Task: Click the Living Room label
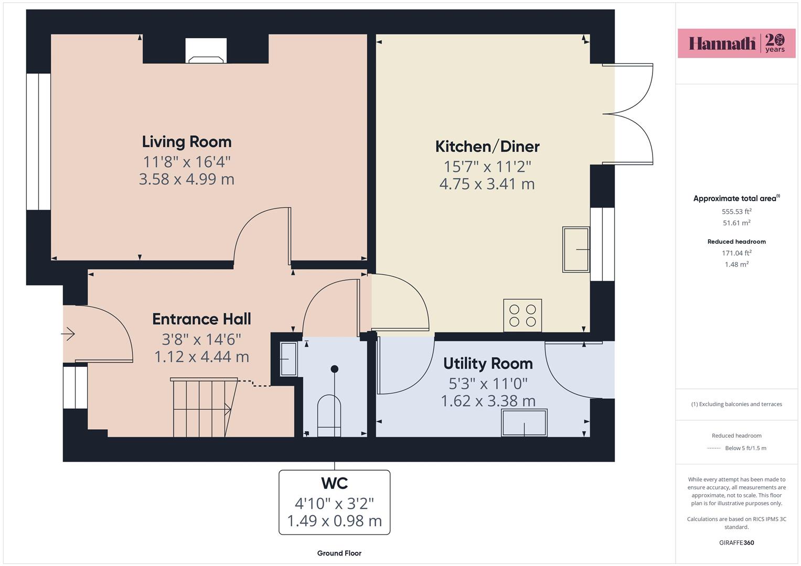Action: coord(187,142)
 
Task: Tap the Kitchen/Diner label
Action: coord(487,147)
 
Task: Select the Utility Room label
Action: coord(488,363)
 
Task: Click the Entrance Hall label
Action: coord(201,319)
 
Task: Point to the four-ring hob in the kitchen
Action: coord(522,315)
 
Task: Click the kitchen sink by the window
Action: coord(576,249)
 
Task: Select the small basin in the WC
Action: coord(288,359)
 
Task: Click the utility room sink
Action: coord(524,423)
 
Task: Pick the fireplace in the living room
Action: coord(206,51)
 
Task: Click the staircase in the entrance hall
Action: coord(204,407)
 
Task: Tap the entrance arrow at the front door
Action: coord(68,334)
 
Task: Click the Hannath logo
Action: coord(736,43)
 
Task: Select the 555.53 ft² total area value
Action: coord(736,211)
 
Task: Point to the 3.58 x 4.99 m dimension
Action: coord(187,179)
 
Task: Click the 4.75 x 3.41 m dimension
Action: coord(487,184)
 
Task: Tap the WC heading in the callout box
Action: coord(334,483)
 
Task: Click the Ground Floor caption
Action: coord(339,553)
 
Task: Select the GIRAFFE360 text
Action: coord(736,542)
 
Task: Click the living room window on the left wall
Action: coord(38,141)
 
